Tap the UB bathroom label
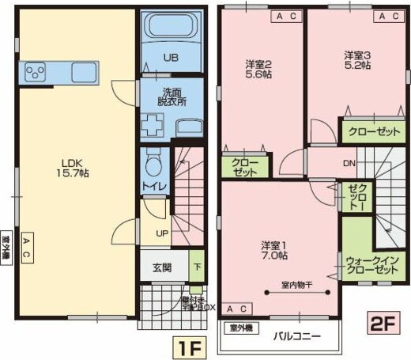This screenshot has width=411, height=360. [x=171, y=57]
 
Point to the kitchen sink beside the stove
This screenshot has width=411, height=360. [x=83, y=72]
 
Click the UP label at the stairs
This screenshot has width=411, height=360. [x=160, y=233]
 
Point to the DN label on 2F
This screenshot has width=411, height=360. [x=349, y=165]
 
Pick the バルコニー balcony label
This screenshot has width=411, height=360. [x=297, y=335]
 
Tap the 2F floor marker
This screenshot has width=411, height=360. [x=384, y=324]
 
